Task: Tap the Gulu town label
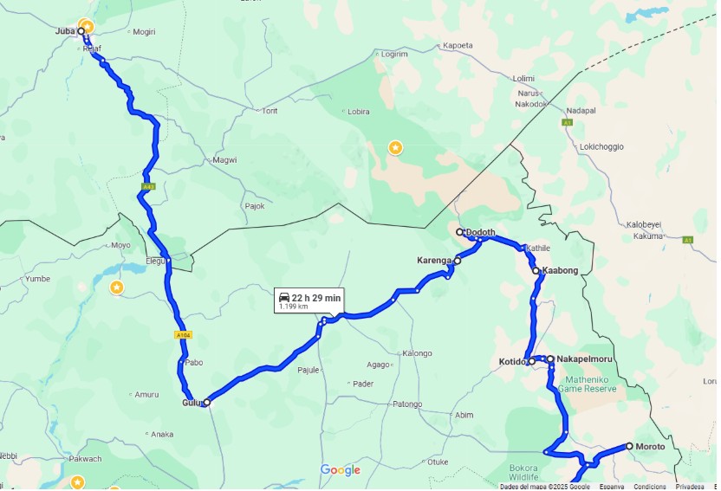click(x=191, y=403)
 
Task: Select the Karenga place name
click(x=434, y=260)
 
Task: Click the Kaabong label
click(x=560, y=271)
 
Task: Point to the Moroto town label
click(x=650, y=447)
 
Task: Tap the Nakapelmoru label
click(x=585, y=359)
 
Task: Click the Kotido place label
click(x=512, y=362)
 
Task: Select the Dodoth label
click(x=480, y=232)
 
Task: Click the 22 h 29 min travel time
click(x=316, y=298)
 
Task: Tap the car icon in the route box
click(x=283, y=298)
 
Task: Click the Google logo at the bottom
click(x=340, y=470)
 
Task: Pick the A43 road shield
click(x=147, y=186)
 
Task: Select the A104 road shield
click(x=182, y=335)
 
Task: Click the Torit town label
click(x=270, y=111)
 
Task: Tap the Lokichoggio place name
click(x=601, y=146)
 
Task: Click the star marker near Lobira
click(x=395, y=148)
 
